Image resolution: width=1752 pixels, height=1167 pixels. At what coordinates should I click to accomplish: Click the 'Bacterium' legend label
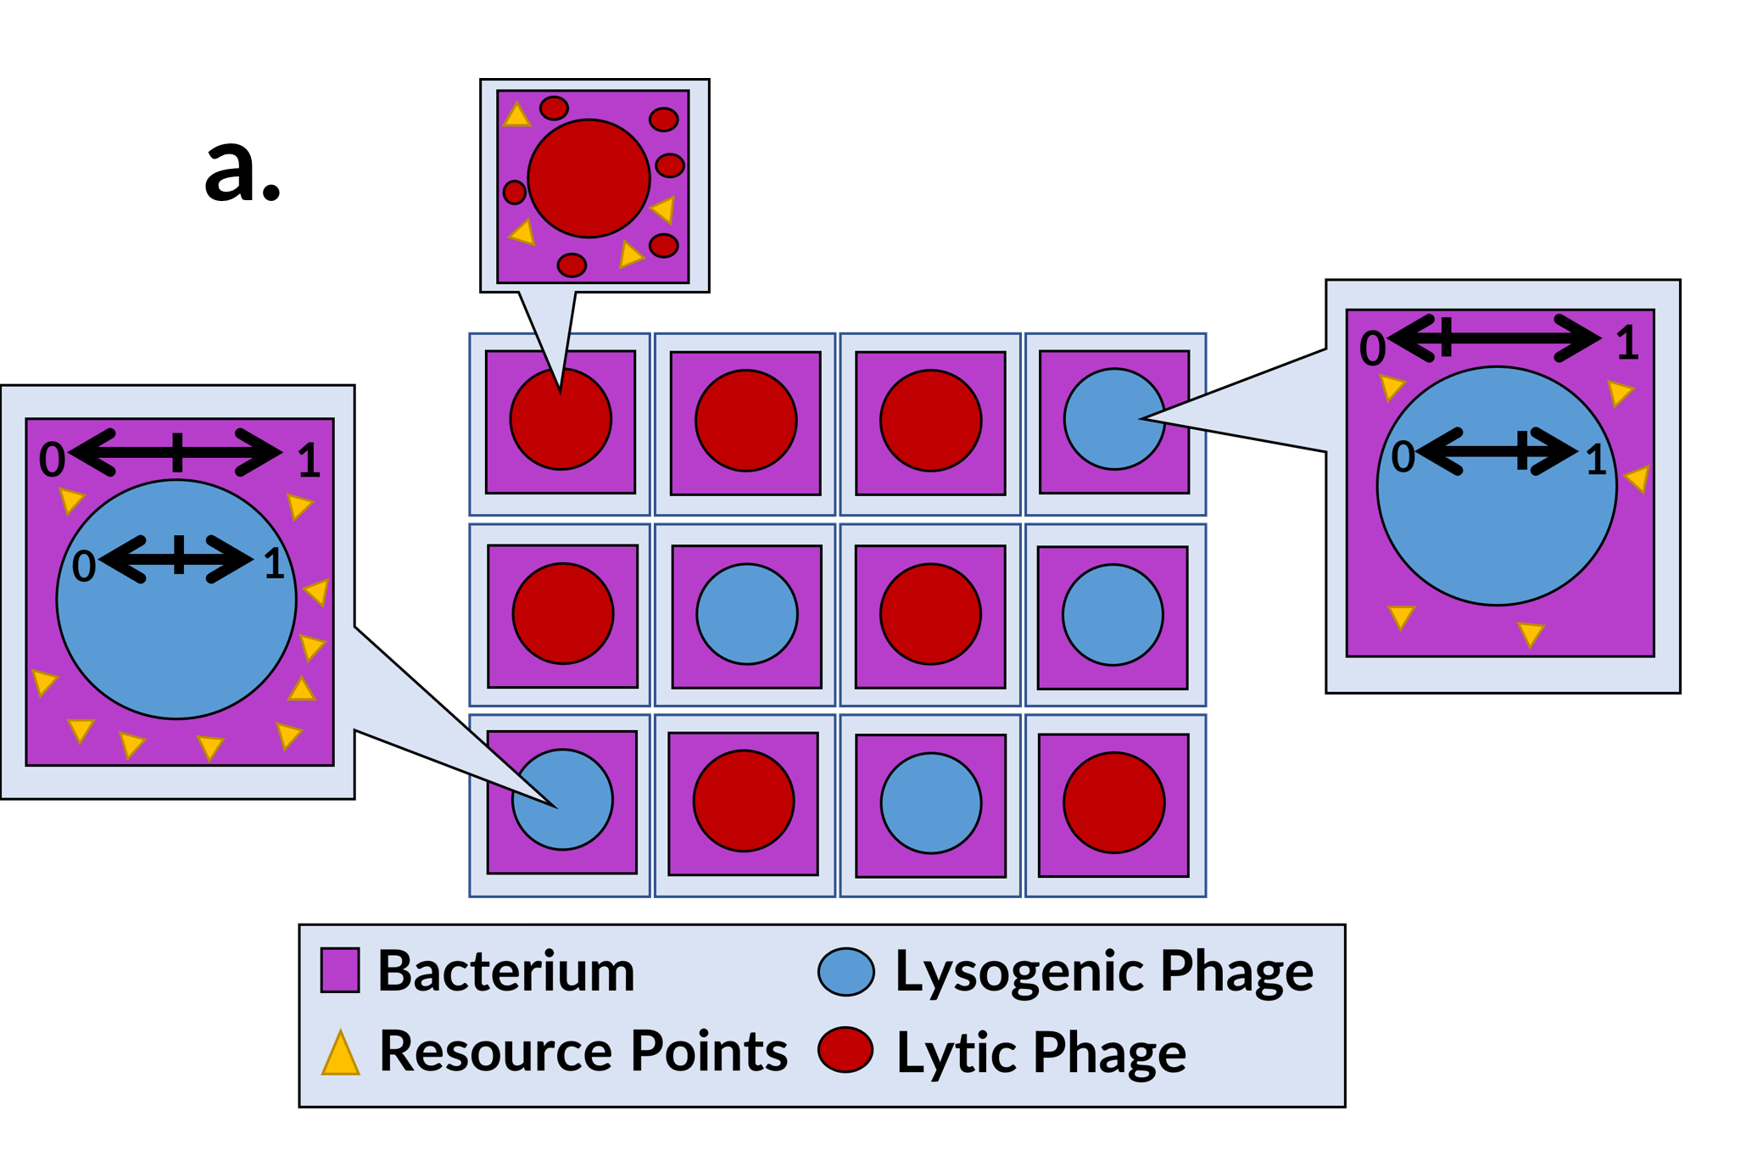(506, 971)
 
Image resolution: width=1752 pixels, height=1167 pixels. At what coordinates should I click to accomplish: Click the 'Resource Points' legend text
(583, 1052)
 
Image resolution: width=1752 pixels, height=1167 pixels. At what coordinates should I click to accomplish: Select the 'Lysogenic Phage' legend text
(1104, 971)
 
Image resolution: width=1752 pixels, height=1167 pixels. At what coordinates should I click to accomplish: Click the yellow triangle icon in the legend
(341, 1055)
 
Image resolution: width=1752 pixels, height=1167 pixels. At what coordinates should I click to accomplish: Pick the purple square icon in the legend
(340, 970)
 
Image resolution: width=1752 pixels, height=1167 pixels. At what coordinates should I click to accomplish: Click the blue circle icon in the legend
(845, 972)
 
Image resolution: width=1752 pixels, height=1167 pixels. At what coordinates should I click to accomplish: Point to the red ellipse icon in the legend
(845, 1050)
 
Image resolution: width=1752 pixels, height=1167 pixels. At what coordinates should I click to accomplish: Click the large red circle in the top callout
(589, 178)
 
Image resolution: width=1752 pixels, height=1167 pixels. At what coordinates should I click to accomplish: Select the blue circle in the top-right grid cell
(1114, 419)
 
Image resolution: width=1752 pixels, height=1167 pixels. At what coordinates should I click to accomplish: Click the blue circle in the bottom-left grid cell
(562, 800)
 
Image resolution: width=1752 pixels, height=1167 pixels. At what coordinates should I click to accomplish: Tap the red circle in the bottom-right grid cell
(1113, 802)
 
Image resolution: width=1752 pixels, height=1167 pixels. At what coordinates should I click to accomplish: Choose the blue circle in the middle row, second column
(747, 614)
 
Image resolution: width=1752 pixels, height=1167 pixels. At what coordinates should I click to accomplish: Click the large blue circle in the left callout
(176, 628)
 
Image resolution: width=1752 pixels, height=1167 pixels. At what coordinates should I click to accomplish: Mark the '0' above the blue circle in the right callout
(1372, 349)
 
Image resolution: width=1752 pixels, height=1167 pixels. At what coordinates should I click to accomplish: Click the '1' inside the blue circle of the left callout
(273, 565)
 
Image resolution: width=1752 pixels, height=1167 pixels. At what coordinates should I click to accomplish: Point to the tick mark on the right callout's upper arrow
(1447, 337)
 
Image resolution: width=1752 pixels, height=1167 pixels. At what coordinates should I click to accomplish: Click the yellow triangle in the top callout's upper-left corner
(516, 115)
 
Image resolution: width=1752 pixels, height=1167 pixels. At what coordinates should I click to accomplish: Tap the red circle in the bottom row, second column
(744, 801)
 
